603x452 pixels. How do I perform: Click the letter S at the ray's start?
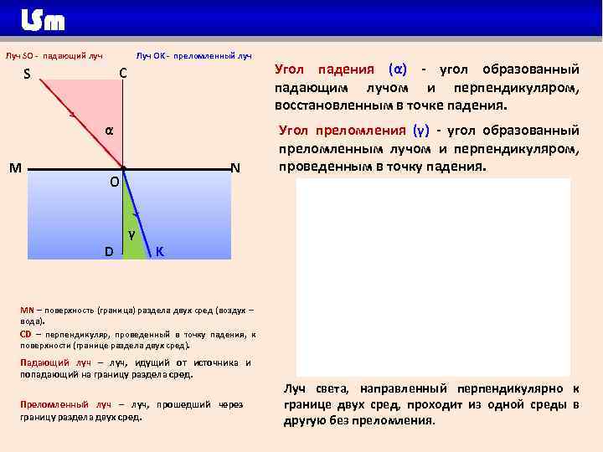[28, 74]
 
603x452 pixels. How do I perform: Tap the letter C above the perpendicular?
[122, 74]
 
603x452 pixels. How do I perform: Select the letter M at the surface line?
[15, 167]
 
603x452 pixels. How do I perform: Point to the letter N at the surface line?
[235, 167]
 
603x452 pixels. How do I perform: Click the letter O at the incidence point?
[115, 182]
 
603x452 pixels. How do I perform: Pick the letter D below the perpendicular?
[109, 251]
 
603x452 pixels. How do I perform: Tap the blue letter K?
[159, 251]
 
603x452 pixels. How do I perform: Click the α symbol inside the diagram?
[110, 131]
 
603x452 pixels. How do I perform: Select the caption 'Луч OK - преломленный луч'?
[193, 56]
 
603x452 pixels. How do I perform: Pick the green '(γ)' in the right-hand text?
[421, 130]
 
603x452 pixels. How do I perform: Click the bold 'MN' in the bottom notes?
[27, 310]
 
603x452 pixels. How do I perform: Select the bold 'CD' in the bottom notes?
[26, 334]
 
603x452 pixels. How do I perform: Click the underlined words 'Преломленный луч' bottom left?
[54, 404]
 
